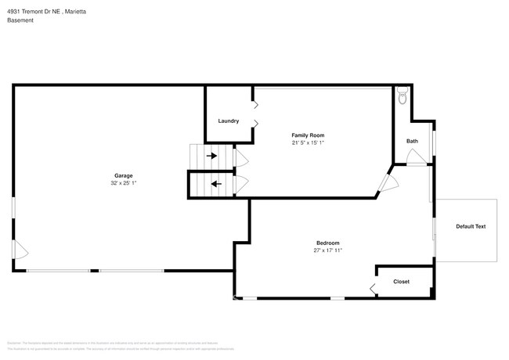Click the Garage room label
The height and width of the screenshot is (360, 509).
pos(123,175)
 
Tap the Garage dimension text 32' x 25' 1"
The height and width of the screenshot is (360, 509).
pos(123,183)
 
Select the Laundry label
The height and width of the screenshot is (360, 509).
pos(229,121)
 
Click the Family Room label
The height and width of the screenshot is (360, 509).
pos(308,135)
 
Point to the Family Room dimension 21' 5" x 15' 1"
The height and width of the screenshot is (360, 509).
pos(308,143)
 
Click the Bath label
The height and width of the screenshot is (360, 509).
pos(412,141)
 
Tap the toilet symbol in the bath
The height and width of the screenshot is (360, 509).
pos(403,96)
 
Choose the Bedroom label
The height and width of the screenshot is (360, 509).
pos(328,243)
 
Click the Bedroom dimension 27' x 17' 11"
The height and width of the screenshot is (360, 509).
pos(328,250)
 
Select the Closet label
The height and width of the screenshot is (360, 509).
pos(401,282)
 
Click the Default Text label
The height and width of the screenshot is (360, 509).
pos(471,227)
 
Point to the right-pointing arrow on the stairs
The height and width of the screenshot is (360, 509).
pos(212,155)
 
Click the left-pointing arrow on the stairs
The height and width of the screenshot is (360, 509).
pos(216,185)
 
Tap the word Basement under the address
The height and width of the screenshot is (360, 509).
pos(20,20)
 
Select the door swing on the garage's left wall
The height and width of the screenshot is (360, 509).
pos(21,252)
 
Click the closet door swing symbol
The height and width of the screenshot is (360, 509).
pos(373,289)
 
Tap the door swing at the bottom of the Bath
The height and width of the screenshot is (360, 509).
pos(417,160)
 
